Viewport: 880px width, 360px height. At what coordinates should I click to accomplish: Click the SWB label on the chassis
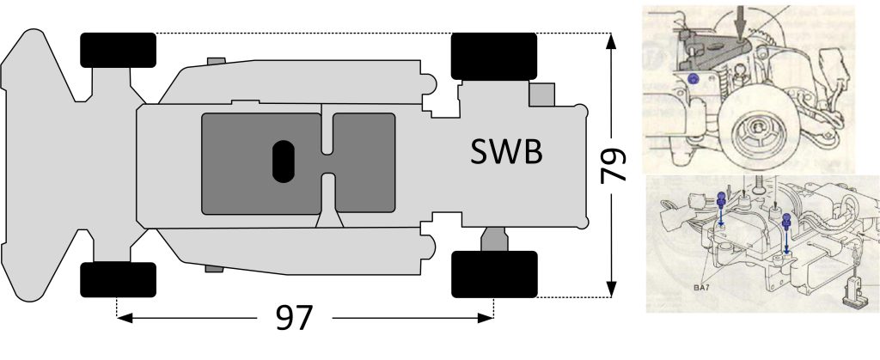tap(506, 151)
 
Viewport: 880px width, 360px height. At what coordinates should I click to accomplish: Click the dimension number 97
tap(294, 319)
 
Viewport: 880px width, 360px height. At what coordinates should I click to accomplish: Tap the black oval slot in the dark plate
tap(284, 162)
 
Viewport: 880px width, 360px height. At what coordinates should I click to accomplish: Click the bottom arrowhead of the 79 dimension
tap(611, 289)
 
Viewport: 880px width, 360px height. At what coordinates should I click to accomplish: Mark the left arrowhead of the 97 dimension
tap(125, 318)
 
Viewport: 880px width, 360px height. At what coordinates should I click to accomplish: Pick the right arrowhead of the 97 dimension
tap(485, 318)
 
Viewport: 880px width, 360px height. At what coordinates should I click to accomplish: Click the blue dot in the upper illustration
tap(693, 79)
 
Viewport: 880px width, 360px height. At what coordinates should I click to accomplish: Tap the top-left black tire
tap(118, 50)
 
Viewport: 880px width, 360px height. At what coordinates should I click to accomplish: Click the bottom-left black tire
tap(118, 279)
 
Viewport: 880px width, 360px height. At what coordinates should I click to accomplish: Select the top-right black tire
tap(494, 56)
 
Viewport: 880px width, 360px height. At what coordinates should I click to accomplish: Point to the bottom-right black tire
tap(494, 274)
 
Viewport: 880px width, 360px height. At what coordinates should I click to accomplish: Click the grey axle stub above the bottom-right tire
tap(494, 240)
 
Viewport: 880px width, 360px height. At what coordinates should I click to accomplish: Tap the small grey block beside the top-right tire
tap(542, 95)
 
